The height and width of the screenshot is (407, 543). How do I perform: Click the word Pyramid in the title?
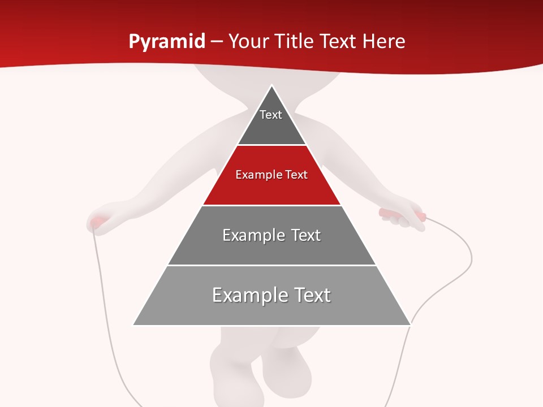click(166, 42)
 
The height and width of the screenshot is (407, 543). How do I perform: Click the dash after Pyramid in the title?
click(216, 42)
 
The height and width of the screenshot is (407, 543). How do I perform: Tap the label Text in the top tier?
click(270, 115)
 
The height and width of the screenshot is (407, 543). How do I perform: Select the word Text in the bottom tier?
click(310, 295)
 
